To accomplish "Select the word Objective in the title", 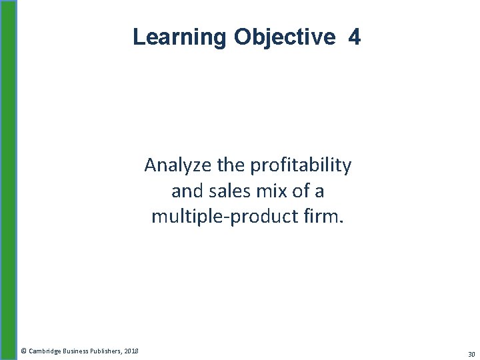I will pyautogui.click(x=285, y=37).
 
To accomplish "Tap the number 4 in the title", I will pyautogui.click(x=354, y=37).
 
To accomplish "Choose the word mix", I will pyautogui.click(x=269, y=191).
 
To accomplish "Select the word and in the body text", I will pyautogui.click(x=185, y=191).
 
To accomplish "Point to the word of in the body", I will pyautogui.click(x=300, y=191).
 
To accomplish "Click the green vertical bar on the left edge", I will pyautogui.click(x=8, y=180).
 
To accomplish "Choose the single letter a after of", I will pyautogui.click(x=319, y=191).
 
